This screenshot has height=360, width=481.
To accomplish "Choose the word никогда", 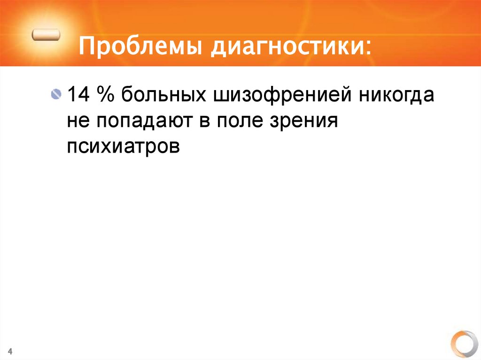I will click(397, 96).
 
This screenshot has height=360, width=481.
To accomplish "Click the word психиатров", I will click(123, 146).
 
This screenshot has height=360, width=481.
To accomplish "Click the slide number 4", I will click(10, 352).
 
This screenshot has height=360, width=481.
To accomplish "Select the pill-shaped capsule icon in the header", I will click(47, 35).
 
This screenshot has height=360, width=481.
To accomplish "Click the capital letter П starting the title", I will click(86, 47).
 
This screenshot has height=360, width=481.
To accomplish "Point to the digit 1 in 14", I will click(73, 96).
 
